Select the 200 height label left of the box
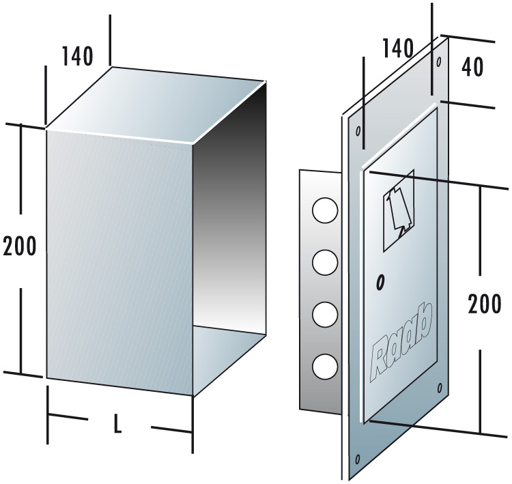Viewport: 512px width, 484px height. point(20,246)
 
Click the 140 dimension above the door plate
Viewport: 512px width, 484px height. point(397,48)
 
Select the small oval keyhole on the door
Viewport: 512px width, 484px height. point(380,281)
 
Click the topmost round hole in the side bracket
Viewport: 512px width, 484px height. point(324,210)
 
